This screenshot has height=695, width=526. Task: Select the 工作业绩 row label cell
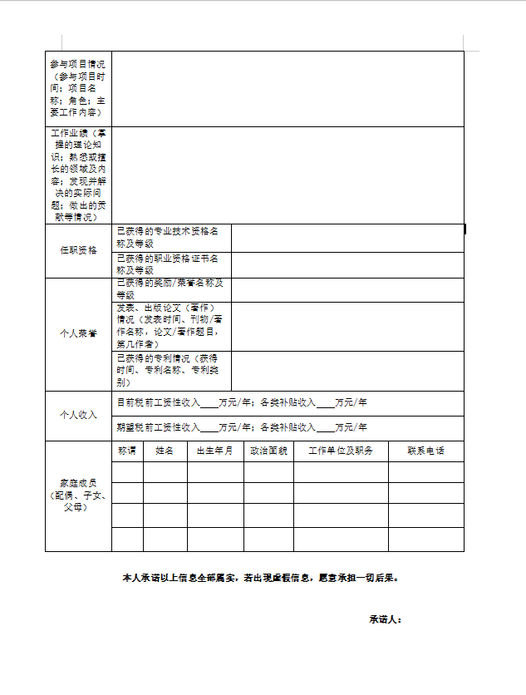(x=78, y=175)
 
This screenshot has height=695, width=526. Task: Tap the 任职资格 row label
(x=78, y=250)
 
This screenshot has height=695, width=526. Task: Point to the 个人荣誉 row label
(x=78, y=333)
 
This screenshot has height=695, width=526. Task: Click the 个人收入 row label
(x=78, y=415)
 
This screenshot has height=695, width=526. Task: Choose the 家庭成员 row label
(x=78, y=495)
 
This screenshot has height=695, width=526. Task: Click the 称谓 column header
(x=127, y=451)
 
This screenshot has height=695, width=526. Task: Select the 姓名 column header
(x=165, y=451)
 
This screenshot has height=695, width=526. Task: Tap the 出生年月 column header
(x=214, y=451)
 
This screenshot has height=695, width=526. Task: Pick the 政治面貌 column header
(x=268, y=451)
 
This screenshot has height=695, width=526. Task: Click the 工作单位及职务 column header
(x=341, y=451)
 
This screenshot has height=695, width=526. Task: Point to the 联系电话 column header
(x=425, y=451)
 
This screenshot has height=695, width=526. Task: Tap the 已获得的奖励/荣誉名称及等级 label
(x=170, y=288)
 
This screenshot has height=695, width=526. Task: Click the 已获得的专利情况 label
(x=170, y=370)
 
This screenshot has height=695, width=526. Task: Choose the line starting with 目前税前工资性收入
(x=242, y=402)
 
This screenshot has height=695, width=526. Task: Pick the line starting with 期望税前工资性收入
(x=242, y=427)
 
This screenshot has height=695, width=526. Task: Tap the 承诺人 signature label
(x=386, y=619)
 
